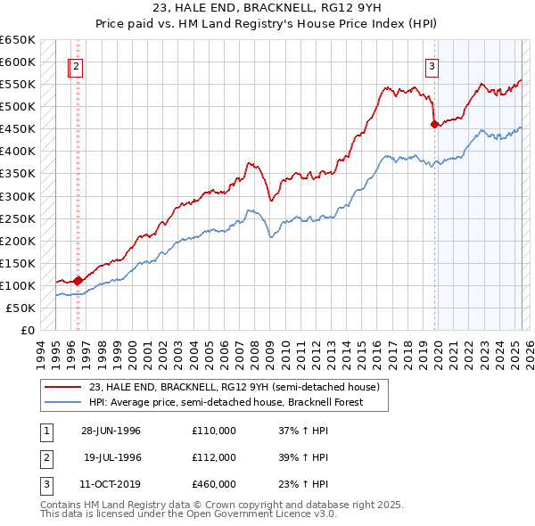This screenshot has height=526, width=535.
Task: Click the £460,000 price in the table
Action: [214, 485]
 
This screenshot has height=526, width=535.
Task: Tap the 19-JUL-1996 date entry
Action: [112, 457]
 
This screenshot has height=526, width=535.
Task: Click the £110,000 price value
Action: [214, 431]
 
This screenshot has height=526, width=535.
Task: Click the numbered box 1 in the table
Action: [45, 431]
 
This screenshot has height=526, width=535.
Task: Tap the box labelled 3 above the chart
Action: [432, 65]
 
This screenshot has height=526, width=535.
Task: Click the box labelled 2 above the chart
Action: [77, 65]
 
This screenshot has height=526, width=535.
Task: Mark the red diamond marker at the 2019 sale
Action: [435, 124]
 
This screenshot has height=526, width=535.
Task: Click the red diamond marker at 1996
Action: [78, 280]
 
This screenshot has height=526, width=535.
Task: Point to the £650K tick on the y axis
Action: [18, 40]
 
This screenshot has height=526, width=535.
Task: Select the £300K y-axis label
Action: [18, 196]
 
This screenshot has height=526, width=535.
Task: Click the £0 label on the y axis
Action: [28, 330]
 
